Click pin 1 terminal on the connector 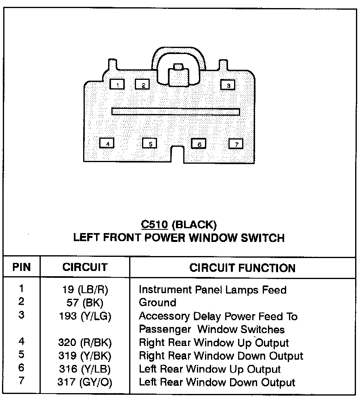(117, 84)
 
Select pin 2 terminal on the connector (142, 85)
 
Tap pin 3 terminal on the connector (228, 85)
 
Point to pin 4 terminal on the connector (107, 143)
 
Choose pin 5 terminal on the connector (149, 144)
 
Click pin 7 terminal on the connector (236, 144)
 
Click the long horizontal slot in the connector (176, 111)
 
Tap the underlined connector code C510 (154, 224)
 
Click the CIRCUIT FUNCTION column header (242, 268)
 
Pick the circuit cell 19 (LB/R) (85, 290)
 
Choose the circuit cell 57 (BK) (85, 303)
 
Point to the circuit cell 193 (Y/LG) (85, 317)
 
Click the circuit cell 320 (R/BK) (85, 343)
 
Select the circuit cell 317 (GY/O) (85, 382)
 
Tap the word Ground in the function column (157, 303)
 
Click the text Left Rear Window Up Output (209, 369)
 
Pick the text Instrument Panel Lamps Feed (212, 290)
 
